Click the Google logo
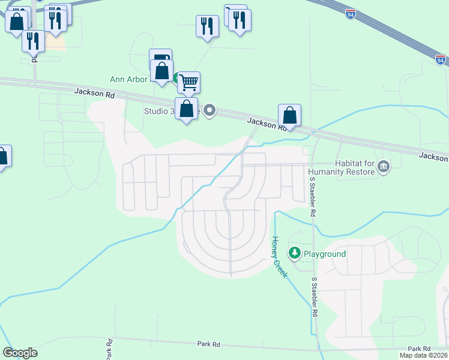tap(20, 353)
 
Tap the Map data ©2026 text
tap(424, 355)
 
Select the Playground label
tap(324, 254)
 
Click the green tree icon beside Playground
tap(294, 253)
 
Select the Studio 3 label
tap(157, 111)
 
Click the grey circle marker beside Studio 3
tap(209, 110)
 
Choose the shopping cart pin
tap(189, 82)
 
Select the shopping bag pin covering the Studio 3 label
tap(187, 109)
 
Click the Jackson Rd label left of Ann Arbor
tap(94, 93)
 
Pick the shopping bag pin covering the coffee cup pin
tap(162, 71)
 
